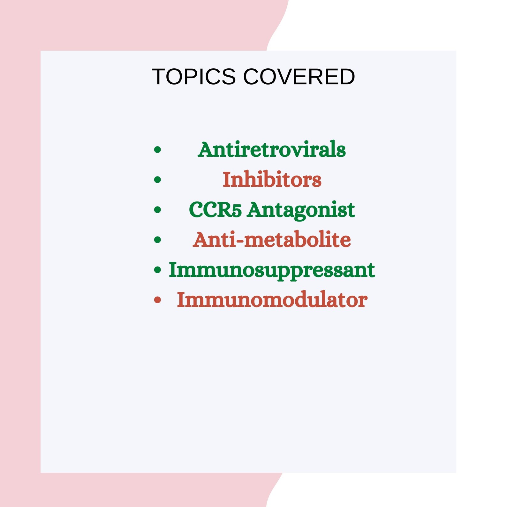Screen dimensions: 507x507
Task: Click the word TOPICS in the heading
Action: (x=193, y=77)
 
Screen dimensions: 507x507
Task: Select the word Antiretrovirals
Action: (x=272, y=149)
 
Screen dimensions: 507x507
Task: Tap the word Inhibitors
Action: (x=272, y=179)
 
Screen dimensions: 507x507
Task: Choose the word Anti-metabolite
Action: (x=272, y=240)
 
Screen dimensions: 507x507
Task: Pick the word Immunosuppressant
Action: (x=272, y=270)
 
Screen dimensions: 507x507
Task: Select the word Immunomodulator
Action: (x=272, y=300)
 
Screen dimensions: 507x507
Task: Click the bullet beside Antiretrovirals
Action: (x=157, y=149)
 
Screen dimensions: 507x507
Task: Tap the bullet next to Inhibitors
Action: (x=157, y=180)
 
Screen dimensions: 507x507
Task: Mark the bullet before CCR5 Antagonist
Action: (x=157, y=210)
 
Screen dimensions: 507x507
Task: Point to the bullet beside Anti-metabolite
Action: (x=157, y=239)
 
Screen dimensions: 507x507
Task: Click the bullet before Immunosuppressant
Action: (x=157, y=270)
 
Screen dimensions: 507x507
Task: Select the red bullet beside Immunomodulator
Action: (x=157, y=300)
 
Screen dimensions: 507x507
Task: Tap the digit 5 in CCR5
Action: (x=236, y=211)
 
